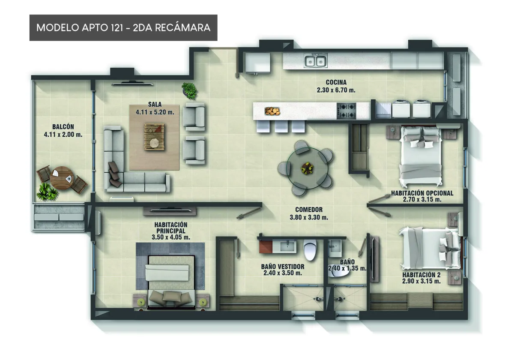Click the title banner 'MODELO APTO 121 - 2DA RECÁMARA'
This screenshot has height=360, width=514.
pyautogui.click(x=123, y=28)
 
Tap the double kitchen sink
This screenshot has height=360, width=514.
pyautogui.click(x=316, y=61)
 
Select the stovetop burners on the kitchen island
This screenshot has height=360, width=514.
pyautogui.click(x=347, y=111)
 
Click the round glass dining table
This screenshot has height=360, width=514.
pyautogui.click(x=307, y=168)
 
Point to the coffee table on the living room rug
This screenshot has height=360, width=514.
pyautogui.click(x=154, y=137)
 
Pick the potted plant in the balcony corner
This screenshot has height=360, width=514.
pyautogui.click(x=47, y=192)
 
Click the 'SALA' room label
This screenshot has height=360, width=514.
pyautogui.click(x=155, y=105)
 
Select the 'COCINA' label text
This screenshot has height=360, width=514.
pyautogui.click(x=336, y=82)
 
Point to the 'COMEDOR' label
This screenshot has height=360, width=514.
pyautogui.click(x=309, y=210)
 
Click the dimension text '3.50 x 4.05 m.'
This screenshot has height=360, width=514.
pyautogui.click(x=171, y=237)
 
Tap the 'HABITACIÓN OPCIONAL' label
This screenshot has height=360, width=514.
pyautogui.click(x=422, y=193)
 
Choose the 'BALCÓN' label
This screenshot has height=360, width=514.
pyautogui.click(x=63, y=127)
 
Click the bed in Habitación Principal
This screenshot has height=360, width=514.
pyautogui.click(x=171, y=282)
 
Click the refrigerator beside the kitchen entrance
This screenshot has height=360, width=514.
pyautogui.click(x=258, y=63)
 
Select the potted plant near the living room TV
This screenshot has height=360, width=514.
pyautogui.click(x=189, y=91)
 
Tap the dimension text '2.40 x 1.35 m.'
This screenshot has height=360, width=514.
pyautogui.click(x=347, y=268)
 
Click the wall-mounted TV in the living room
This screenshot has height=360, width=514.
pyautogui.click(x=132, y=84)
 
